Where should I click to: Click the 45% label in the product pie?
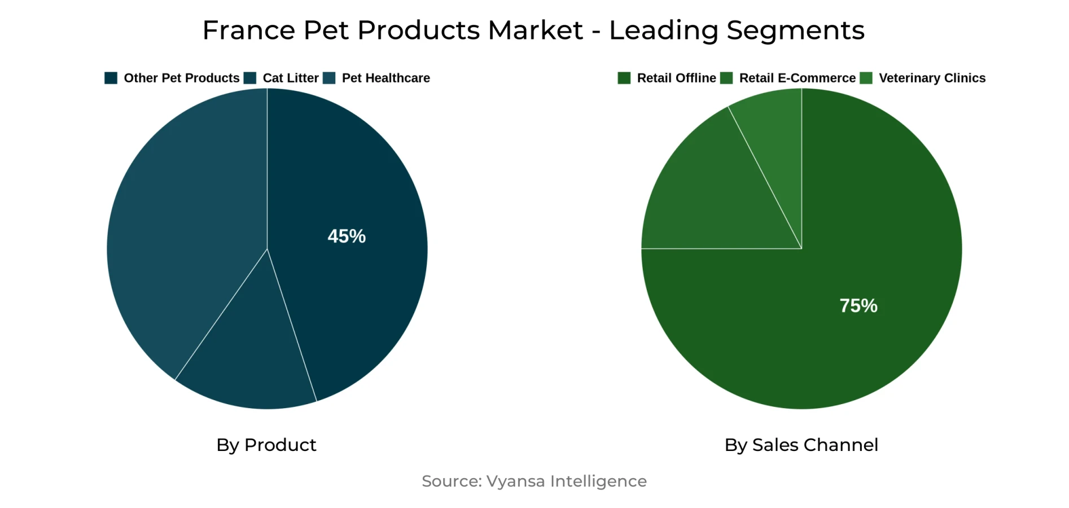pos(347,236)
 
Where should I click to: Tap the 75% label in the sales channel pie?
pos(858,305)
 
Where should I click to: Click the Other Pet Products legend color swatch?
pos(111,78)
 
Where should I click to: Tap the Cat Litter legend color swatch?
pos(250,78)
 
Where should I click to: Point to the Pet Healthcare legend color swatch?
pos(329,78)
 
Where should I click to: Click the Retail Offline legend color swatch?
pos(624,78)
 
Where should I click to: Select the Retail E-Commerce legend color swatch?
pos(726,78)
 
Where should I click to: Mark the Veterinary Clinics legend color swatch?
pos(866,78)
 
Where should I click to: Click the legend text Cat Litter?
pos(291,78)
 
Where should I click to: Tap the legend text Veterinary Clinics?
pos(932,78)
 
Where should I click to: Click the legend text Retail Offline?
pos(676,78)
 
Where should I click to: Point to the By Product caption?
pos(266,445)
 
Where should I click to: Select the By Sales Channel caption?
pos(801,445)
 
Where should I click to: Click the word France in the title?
pos(248,30)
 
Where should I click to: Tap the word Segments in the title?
pos(796,30)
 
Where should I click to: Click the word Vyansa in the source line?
pos(516,481)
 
